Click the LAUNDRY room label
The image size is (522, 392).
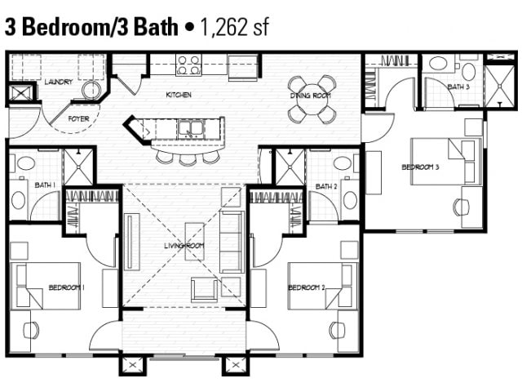pyautogui.click(x=59, y=82)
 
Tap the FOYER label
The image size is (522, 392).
pyautogui.click(x=78, y=118)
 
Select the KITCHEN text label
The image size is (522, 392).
pyautogui.click(x=179, y=95)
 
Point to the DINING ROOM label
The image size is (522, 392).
pyautogui.click(x=310, y=96)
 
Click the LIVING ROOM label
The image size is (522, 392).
pyautogui.click(x=184, y=245)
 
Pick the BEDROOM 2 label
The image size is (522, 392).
pyautogui.click(x=307, y=287)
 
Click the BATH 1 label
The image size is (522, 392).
pyautogui.click(x=45, y=185)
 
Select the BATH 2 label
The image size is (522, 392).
pyautogui.click(x=326, y=186)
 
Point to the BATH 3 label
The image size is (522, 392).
pyautogui.click(x=458, y=87)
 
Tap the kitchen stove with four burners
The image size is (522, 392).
pyautogui.click(x=189, y=65)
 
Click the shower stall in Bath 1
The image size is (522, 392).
pyautogui.click(x=79, y=167)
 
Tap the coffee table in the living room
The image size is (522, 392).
pyautogui.click(x=194, y=241)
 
